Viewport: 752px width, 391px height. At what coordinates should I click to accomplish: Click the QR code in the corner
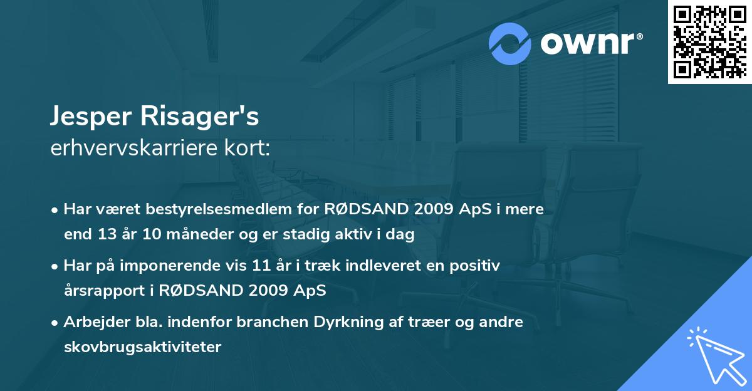tap(709, 42)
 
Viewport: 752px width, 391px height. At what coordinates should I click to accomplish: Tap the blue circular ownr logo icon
tap(511, 44)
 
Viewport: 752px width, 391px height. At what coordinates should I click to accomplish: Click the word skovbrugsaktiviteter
tap(142, 347)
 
